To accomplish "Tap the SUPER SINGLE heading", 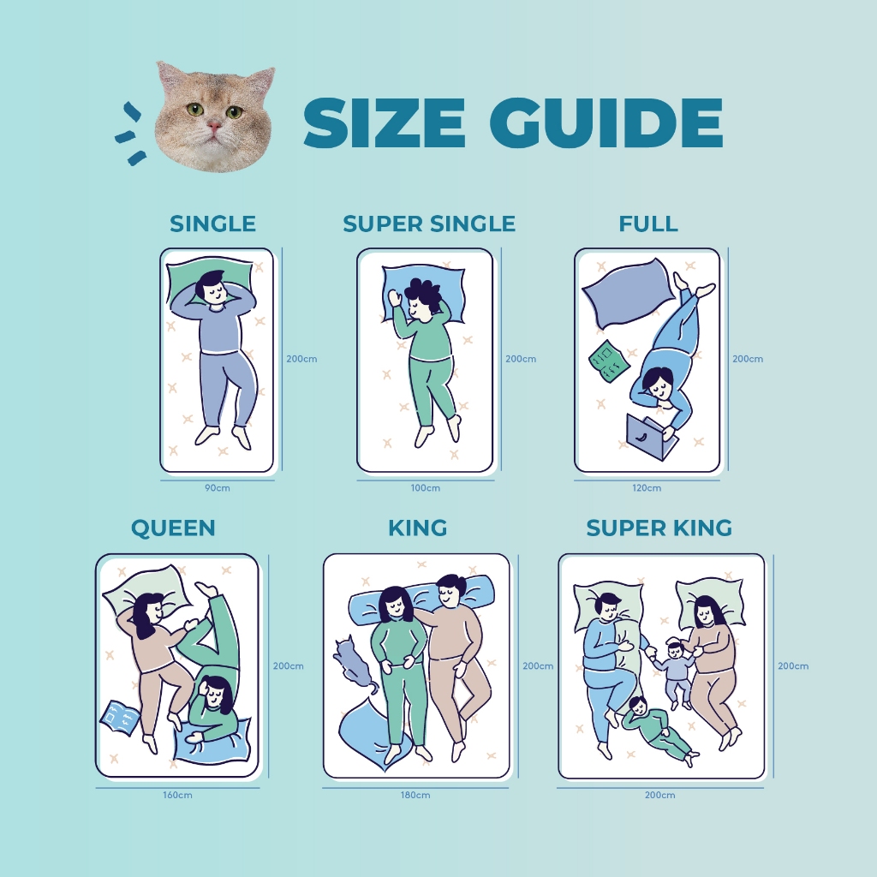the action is tap(429, 224).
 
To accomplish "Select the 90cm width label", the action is tap(217, 487).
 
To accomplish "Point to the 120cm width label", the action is tap(647, 487).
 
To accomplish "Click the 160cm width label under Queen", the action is tap(177, 795).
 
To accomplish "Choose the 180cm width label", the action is tap(415, 795).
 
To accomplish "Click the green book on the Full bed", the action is tap(609, 361).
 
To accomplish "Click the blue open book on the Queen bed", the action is tap(120, 718).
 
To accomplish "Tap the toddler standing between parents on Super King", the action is tap(675, 671).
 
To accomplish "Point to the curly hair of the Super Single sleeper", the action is tap(424, 292).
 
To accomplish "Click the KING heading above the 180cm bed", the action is tap(418, 528).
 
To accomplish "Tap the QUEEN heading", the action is tap(173, 528).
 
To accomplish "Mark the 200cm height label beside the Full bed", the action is tap(748, 359).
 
